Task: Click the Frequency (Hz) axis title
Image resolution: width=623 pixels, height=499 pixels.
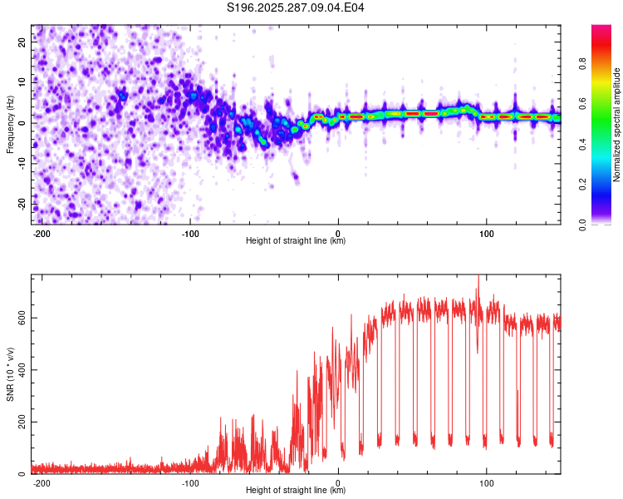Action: tap(10, 125)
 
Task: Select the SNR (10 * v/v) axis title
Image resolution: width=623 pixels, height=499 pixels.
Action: tap(10, 374)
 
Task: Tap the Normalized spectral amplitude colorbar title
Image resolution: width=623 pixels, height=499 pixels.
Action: tap(617, 125)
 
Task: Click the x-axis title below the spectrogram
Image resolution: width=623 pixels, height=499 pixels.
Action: tap(296, 241)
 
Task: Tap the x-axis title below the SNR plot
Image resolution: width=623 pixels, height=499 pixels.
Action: tap(296, 491)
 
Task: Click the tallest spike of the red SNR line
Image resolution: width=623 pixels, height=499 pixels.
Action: tap(478, 278)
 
